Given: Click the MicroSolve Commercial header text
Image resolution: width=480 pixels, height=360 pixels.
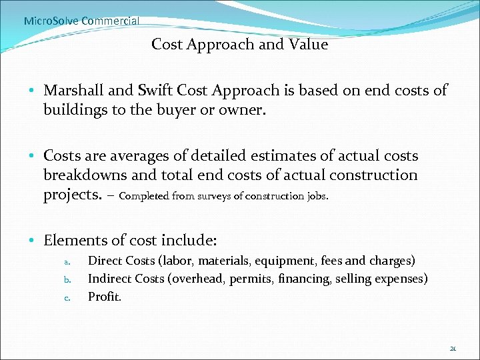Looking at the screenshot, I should click(x=81, y=21).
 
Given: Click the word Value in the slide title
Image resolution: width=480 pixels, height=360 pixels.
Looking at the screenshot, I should click(x=308, y=45).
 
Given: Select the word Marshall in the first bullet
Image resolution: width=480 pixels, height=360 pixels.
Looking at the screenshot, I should click(x=73, y=90).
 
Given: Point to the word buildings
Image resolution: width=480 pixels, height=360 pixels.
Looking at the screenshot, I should click(x=73, y=109).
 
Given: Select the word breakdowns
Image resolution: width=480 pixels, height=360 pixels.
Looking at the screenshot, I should click(x=85, y=175).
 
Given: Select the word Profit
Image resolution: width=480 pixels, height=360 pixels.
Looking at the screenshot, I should click(x=105, y=297).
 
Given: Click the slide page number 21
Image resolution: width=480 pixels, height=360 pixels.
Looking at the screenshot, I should click(x=453, y=348).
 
